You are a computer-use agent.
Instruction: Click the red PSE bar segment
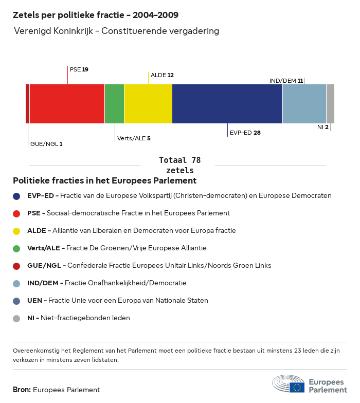[67, 104]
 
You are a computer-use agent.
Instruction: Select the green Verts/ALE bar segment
[114, 104]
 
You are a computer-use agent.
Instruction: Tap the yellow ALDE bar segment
[148, 104]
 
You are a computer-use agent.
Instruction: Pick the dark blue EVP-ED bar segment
[227, 104]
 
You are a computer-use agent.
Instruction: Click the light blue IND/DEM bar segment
[304, 104]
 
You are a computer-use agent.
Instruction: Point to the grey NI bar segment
[330, 104]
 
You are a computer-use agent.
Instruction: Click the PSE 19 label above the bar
[79, 69]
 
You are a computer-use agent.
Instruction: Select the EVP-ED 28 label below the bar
[245, 133]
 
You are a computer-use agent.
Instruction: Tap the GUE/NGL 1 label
[46, 144]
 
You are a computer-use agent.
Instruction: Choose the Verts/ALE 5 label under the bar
[134, 138]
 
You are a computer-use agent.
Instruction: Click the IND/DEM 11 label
[286, 81]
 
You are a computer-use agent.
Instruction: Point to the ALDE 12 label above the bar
[162, 75]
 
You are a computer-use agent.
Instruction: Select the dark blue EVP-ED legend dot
[16, 196]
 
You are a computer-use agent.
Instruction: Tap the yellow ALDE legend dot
[16, 231]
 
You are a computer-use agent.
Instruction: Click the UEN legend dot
[16, 301]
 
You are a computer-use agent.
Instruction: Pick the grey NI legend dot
[16, 318]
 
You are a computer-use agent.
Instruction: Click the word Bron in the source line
[22, 390]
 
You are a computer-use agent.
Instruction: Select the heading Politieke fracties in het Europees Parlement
[104, 181]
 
